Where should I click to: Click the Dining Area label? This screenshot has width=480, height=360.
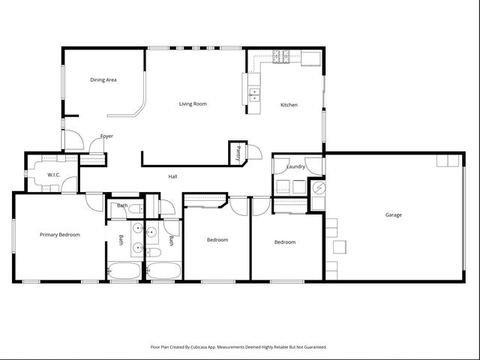coord(103,79)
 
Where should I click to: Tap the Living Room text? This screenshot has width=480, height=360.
coord(193,103)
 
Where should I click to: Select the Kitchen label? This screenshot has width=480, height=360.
coord(289,105)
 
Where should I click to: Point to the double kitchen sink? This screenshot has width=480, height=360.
coord(253,94)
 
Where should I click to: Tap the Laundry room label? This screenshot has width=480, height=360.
coord(296,166)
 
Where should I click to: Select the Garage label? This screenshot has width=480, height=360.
coord(394,215)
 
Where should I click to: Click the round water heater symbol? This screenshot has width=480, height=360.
coord(318,187)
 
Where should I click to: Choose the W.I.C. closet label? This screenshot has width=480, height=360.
coord(54,175)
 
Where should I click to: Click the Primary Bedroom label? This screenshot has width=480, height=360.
coord(60,235)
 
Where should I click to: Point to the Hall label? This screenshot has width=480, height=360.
coord(172,176)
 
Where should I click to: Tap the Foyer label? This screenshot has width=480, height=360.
coord(107,136)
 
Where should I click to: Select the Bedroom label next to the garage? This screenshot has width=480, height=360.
coord(285,242)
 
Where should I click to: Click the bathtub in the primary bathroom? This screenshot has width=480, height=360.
coord(124,271)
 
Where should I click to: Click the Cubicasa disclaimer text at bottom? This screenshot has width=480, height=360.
coord(238,347)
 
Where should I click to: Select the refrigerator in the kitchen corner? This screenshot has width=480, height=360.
coord(311,58)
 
